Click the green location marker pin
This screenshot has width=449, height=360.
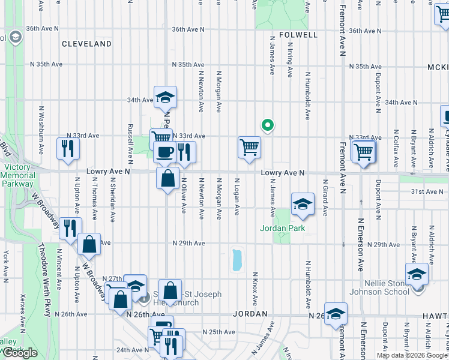268,125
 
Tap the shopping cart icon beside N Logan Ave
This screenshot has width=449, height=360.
249,147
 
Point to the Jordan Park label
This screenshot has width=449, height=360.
282,228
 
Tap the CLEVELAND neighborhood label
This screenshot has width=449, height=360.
86,44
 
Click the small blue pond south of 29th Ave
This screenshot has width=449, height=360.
237,260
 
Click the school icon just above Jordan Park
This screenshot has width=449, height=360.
303,204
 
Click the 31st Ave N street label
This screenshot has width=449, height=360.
426,191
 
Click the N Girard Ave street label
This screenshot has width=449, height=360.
325,198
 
